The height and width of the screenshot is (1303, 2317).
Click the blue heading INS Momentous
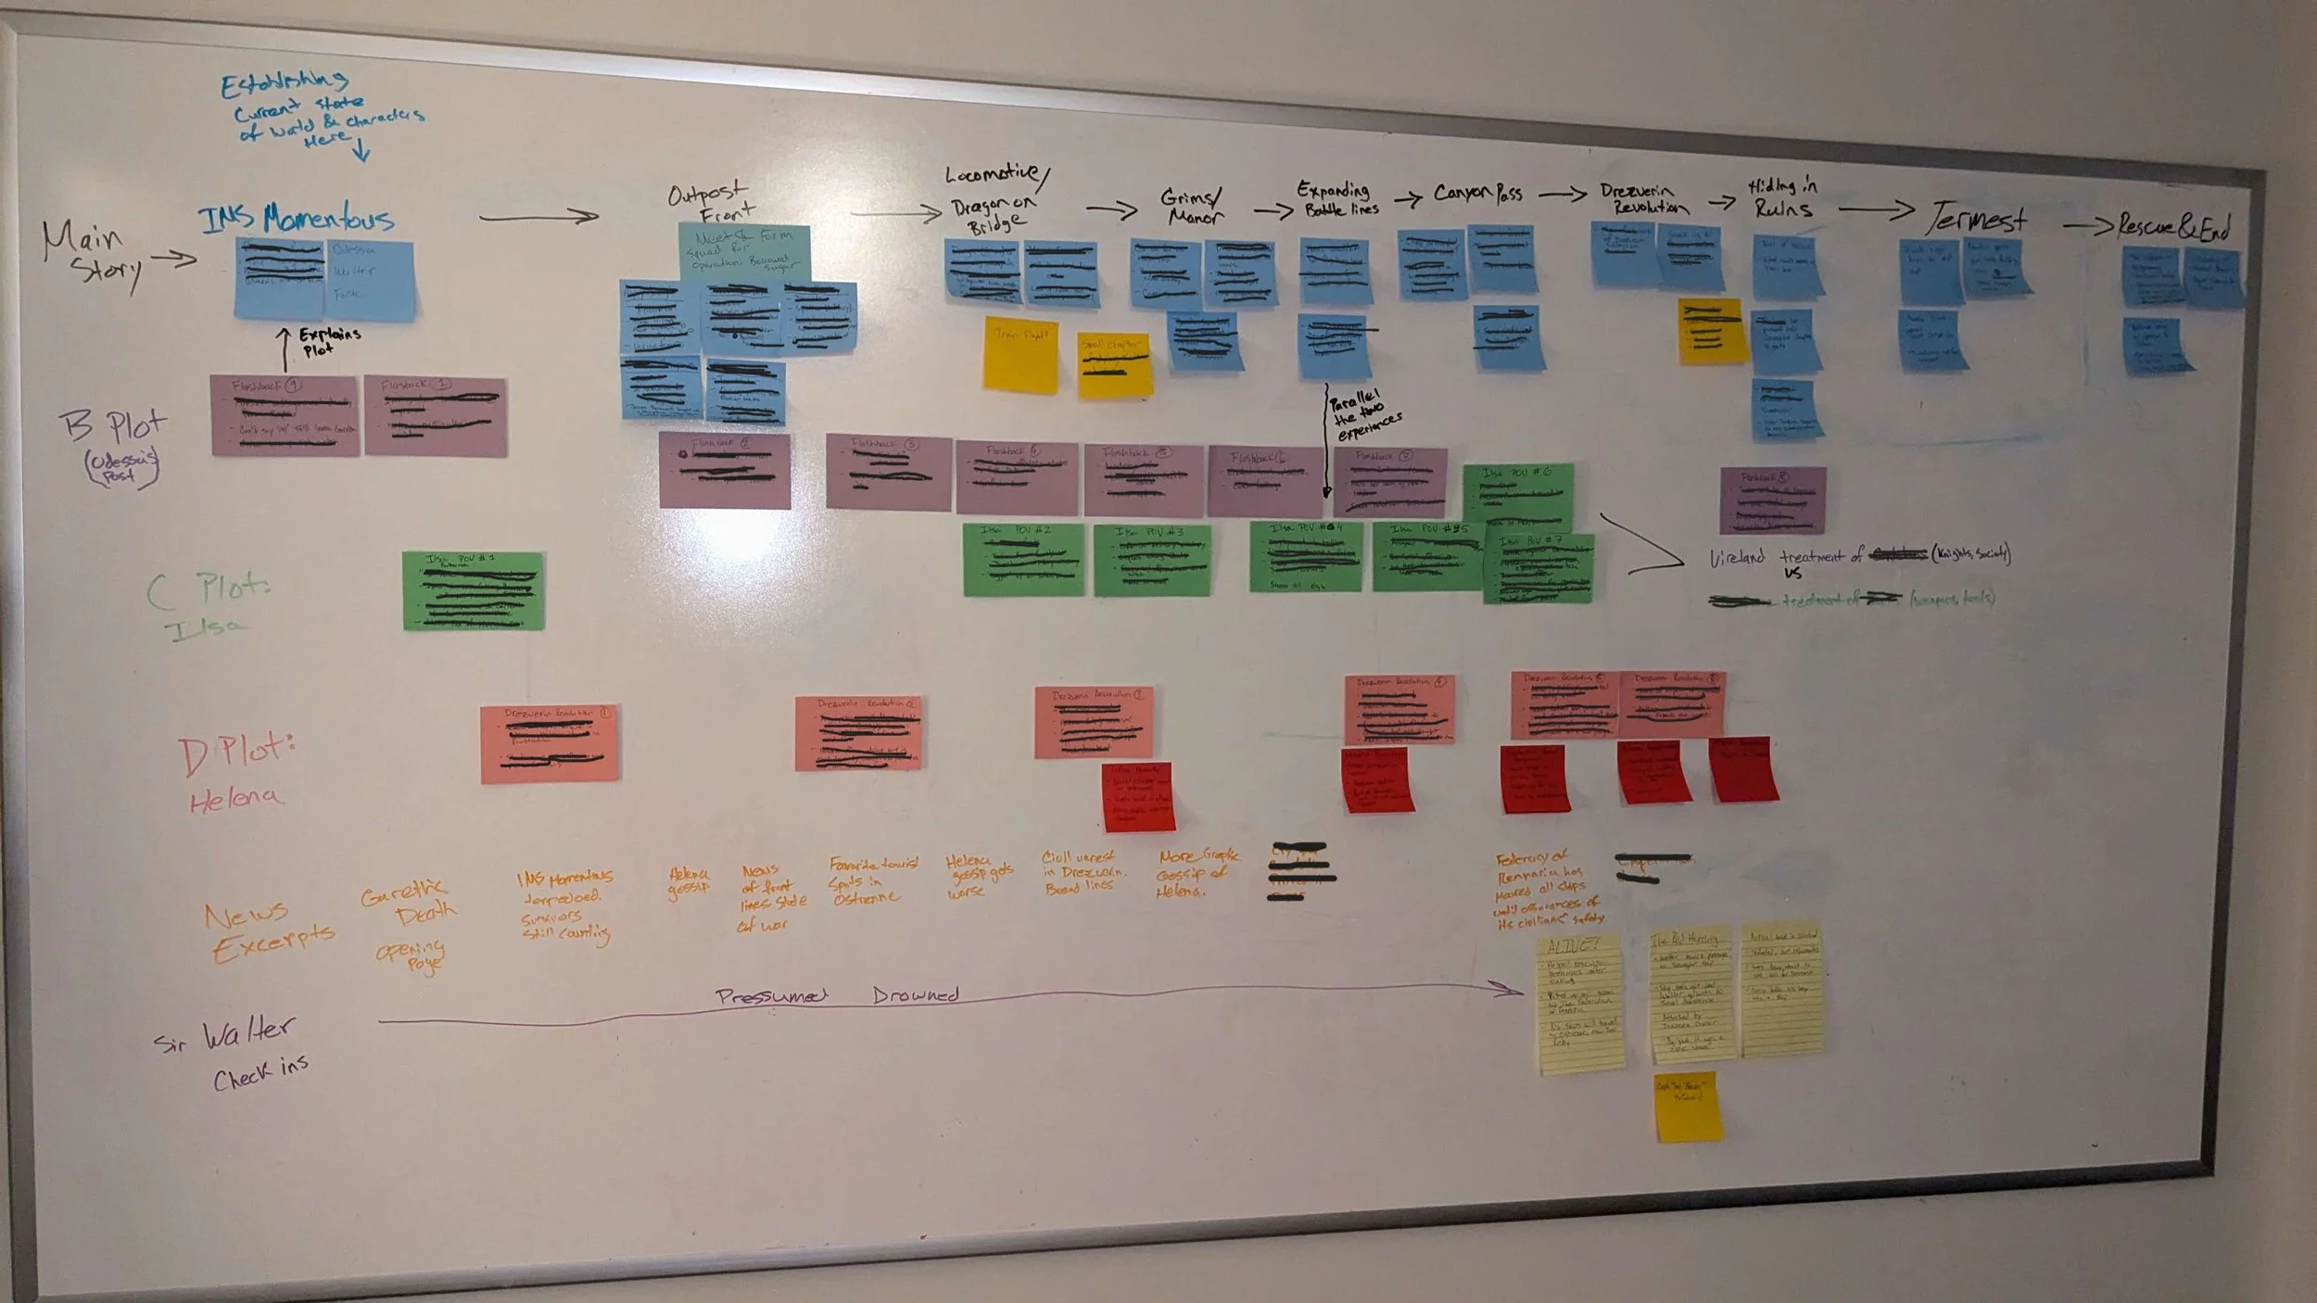point(296,219)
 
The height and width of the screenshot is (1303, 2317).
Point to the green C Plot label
point(208,589)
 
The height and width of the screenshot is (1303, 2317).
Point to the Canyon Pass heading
point(1477,193)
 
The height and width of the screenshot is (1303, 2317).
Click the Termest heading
point(1978,220)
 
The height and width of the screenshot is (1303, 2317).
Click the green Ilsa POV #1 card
point(473,590)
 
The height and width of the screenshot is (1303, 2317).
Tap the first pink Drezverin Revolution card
point(550,742)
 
